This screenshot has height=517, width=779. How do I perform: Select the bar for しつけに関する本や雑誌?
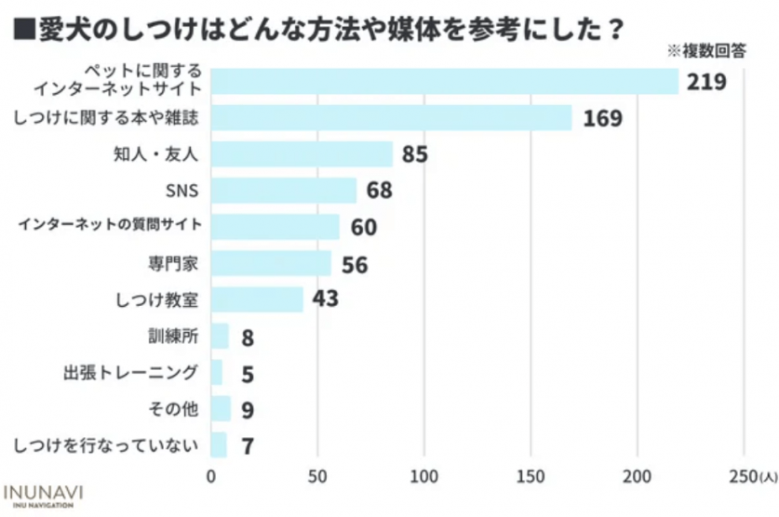[x=391, y=118]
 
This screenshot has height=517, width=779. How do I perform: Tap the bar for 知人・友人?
[x=302, y=153]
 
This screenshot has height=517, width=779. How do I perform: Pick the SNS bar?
[x=284, y=191]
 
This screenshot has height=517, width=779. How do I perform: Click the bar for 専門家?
[x=271, y=264]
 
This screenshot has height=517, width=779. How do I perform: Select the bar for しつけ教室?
[x=257, y=299]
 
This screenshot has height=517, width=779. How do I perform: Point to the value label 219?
[x=706, y=82]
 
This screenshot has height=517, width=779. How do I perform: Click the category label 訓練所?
[x=178, y=337]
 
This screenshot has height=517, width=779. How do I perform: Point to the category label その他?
[x=174, y=409]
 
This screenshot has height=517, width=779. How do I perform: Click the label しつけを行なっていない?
[x=108, y=445]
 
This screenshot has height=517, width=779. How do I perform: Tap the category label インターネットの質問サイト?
[x=110, y=226]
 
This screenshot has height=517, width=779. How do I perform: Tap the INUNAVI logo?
[x=44, y=494]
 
